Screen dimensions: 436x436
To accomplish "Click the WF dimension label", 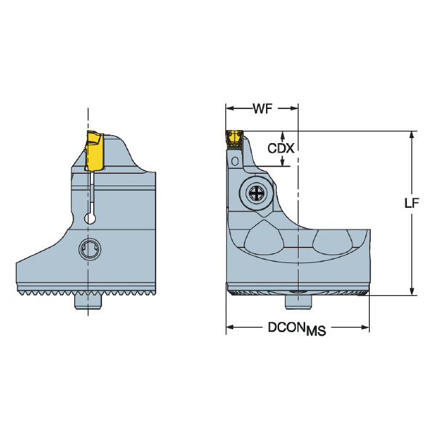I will [x=262, y=109].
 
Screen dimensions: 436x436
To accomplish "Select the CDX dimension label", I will [x=280, y=148].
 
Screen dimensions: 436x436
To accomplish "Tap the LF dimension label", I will [x=412, y=205].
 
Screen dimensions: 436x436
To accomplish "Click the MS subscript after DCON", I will [x=315, y=331].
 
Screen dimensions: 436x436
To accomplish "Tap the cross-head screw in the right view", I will [x=258, y=193].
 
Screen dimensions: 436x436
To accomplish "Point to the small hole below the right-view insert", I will [x=234, y=158].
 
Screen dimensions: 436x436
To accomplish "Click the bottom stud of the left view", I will [x=88, y=302].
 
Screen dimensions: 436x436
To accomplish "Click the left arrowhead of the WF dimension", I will [x=230, y=109].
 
